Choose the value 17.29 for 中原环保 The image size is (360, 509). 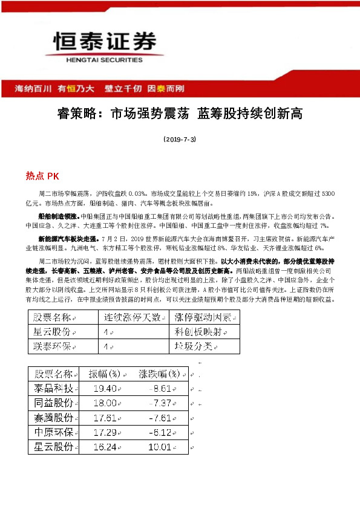[x=106, y=432]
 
